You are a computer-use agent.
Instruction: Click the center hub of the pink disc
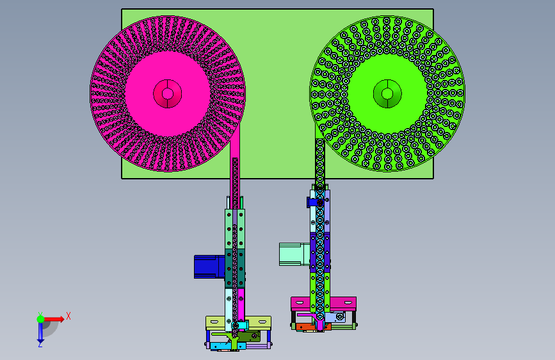168,94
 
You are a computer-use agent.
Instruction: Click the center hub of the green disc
387,94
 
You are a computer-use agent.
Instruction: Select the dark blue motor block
209,266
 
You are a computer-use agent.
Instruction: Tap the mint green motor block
294,254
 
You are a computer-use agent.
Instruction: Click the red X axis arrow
54,319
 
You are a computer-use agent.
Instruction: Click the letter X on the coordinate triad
68,316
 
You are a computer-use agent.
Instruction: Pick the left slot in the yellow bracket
215,322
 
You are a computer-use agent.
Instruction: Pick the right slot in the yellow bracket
262,322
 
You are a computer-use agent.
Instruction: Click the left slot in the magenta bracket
300,303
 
